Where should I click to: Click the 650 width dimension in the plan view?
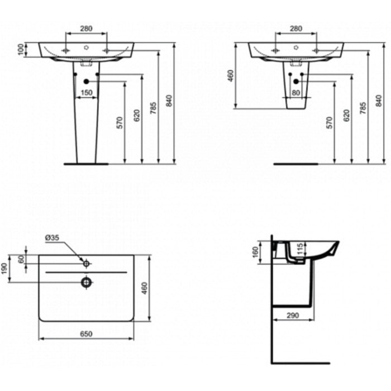click(x=86, y=333)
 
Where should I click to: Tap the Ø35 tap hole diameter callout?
click(x=52, y=237)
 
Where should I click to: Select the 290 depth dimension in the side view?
click(x=293, y=316)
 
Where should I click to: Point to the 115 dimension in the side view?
click(x=300, y=249)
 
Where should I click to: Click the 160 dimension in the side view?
click(x=255, y=252)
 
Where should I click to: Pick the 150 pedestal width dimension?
click(x=87, y=93)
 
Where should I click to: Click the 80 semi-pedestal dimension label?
click(x=295, y=93)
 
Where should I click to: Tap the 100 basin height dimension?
click(x=21, y=49)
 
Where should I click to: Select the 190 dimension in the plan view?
click(x=4, y=268)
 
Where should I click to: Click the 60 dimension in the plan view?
click(x=21, y=259)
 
